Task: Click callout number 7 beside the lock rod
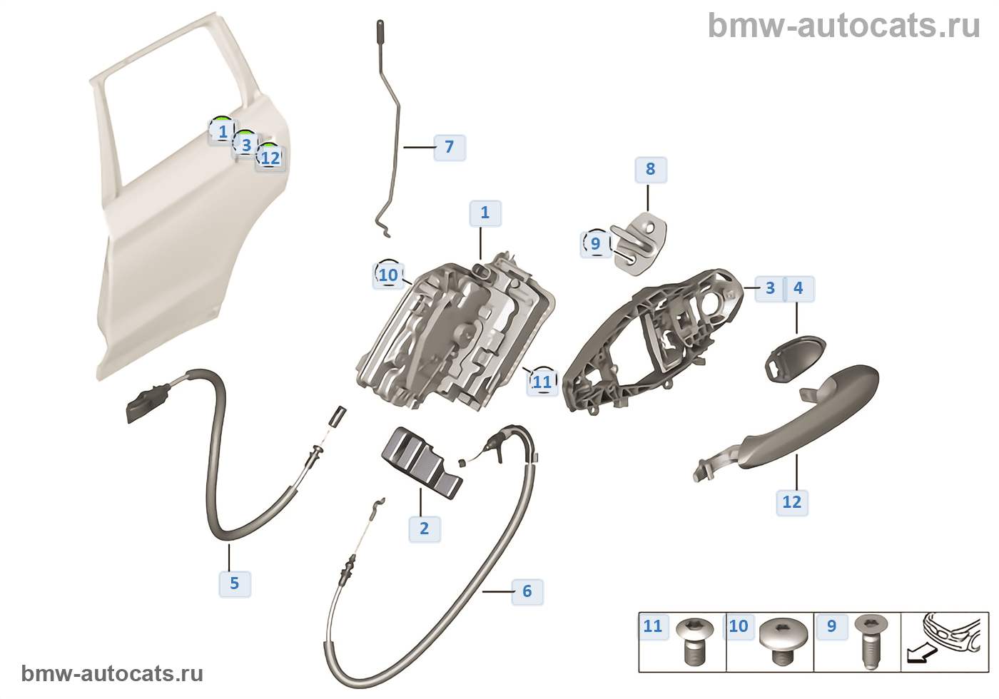449,147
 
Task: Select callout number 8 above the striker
650,170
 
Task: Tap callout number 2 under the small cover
424,529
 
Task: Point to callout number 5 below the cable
234,583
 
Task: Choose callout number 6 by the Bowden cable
527,591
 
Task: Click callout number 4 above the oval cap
798,288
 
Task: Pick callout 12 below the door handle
791,502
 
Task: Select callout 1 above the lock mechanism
485,213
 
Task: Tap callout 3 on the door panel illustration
245,145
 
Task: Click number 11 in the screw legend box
652,626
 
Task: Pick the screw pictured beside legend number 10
783,638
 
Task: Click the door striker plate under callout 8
639,246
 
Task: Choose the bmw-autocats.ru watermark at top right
843,26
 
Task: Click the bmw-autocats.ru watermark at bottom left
112,673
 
